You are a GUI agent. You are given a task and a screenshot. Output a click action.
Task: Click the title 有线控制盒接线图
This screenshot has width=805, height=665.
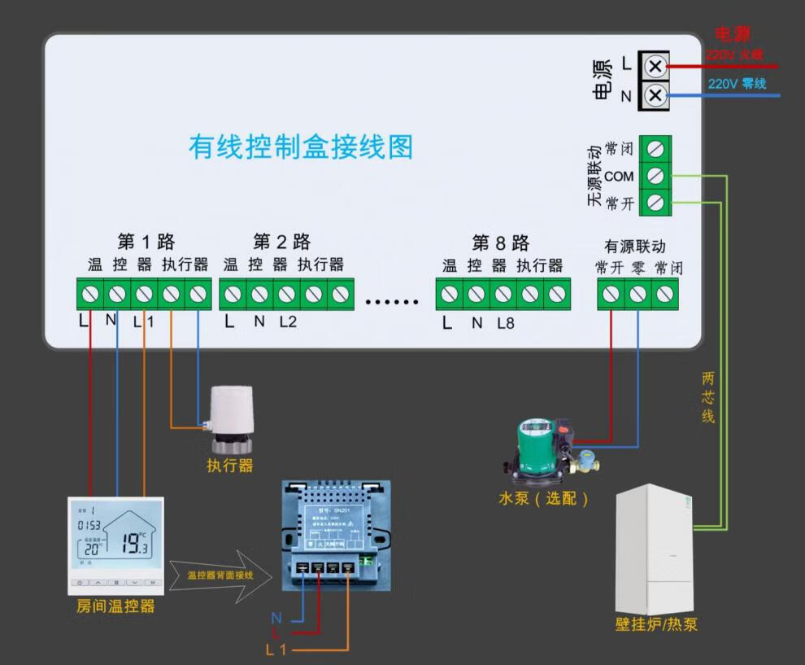coord(301,147)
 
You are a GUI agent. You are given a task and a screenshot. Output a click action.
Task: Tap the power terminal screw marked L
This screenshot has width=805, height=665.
coord(656,65)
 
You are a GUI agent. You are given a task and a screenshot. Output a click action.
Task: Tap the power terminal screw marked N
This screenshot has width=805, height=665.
coord(656,96)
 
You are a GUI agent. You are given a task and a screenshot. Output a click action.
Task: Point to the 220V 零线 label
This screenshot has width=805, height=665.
coord(737,84)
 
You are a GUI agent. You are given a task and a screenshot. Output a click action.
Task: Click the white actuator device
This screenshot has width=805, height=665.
coord(233,418)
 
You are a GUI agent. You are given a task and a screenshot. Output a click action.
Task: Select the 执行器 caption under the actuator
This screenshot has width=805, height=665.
coord(230,466)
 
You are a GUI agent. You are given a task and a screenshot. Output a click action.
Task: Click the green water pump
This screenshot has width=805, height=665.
coord(541,446)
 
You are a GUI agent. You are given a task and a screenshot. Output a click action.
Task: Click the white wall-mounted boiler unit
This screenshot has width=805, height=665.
coord(655,549)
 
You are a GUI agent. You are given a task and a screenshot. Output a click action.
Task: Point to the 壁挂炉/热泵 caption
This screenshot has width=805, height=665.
coord(656,625)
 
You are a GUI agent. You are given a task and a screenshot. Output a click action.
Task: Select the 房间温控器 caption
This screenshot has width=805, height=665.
coord(115,606)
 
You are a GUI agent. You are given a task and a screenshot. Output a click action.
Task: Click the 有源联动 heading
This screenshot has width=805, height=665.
coord(634,246)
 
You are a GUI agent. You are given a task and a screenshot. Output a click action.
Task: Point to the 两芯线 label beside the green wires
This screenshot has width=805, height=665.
coord(708,397)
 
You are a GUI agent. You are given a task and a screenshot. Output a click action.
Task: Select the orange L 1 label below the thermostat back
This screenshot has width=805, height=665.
coord(276,650)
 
